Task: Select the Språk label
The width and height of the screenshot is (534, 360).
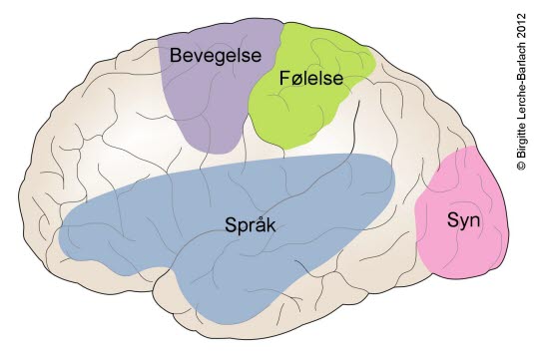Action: tap(251, 225)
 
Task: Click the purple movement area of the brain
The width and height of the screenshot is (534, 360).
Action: tap(205, 105)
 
